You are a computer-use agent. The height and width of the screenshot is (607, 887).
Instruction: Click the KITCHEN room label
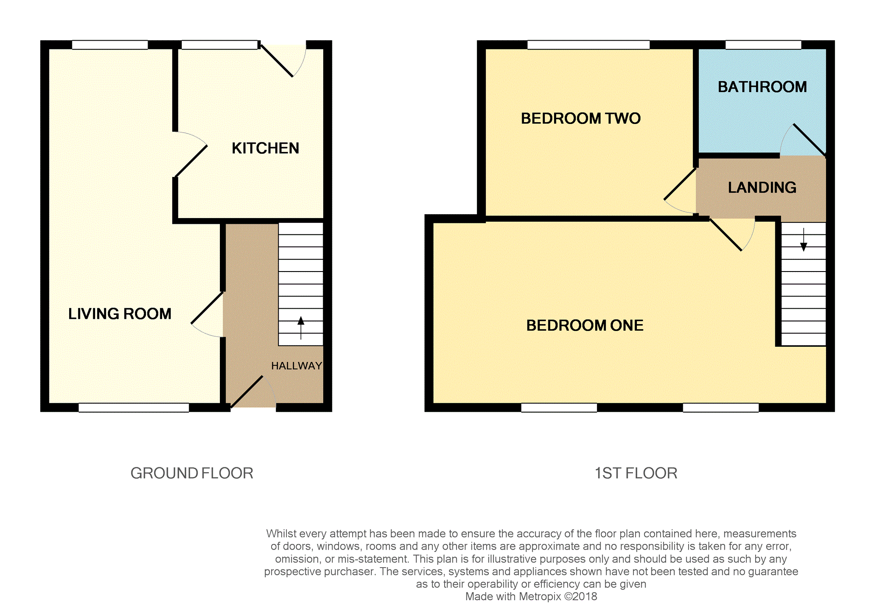pos(265,148)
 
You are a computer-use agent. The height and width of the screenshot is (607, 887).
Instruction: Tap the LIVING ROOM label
pos(120,314)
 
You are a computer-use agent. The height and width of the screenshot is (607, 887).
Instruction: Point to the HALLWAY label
pos(297,366)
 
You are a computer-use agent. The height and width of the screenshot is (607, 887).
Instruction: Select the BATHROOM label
pos(762,87)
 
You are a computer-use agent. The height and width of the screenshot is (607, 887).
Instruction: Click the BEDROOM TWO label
pos(581,118)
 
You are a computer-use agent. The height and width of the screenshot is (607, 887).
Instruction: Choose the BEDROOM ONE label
pos(585,325)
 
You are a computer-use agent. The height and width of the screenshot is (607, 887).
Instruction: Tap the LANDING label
pos(762,187)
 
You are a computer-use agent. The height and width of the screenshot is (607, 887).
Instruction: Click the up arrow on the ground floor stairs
pos(301,328)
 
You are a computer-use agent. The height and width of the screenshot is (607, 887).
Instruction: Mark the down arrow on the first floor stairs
pos(804,240)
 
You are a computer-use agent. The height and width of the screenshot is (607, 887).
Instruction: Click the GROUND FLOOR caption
pos(192,473)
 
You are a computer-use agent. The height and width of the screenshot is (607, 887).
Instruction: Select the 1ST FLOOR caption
pos(636,473)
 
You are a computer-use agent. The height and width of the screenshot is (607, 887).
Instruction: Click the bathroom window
pos(763,45)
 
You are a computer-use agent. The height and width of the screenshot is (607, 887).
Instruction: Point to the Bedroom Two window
pos(588,45)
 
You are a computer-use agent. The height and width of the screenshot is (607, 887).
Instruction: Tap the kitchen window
pos(219,45)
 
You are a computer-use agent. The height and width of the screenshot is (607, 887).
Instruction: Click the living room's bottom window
pos(134,407)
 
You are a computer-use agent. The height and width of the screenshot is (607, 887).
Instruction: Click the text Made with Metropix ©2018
pos(531,596)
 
